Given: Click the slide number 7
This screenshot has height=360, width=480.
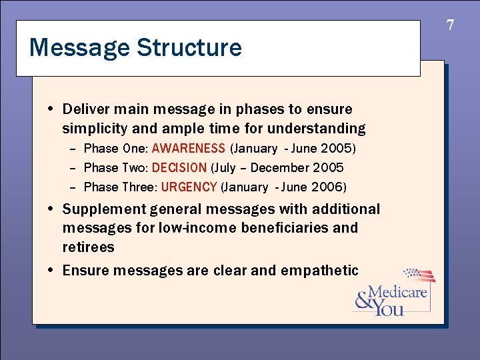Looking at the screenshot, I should click(x=450, y=26).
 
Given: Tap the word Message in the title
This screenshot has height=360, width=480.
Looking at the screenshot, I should click(x=80, y=48).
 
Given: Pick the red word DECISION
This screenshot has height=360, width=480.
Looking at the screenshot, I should click(x=179, y=167).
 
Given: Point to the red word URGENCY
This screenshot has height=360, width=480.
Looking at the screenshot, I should click(x=189, y=187).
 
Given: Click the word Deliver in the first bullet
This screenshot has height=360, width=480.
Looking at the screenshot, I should click(x=86, y=109).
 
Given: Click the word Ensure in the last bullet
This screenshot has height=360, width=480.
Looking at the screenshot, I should click(x=85, y=270).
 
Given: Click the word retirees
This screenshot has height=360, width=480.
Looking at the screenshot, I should click(x=88, y=247).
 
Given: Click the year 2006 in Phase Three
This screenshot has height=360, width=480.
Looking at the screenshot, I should click(x=332, y=187).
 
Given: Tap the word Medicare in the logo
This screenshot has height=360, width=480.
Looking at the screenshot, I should click(x=397, y=292).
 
